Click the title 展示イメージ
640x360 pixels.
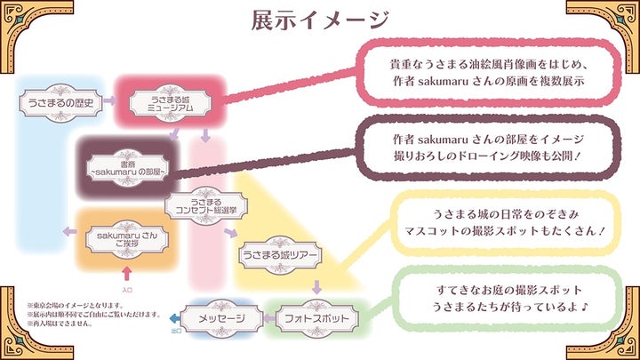(320, 20)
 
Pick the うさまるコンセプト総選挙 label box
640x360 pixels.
(206, 206)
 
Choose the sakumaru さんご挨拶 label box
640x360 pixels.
(124, 239)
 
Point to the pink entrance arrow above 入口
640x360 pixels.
(126, 273)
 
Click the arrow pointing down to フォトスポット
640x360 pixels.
(317, 286)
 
